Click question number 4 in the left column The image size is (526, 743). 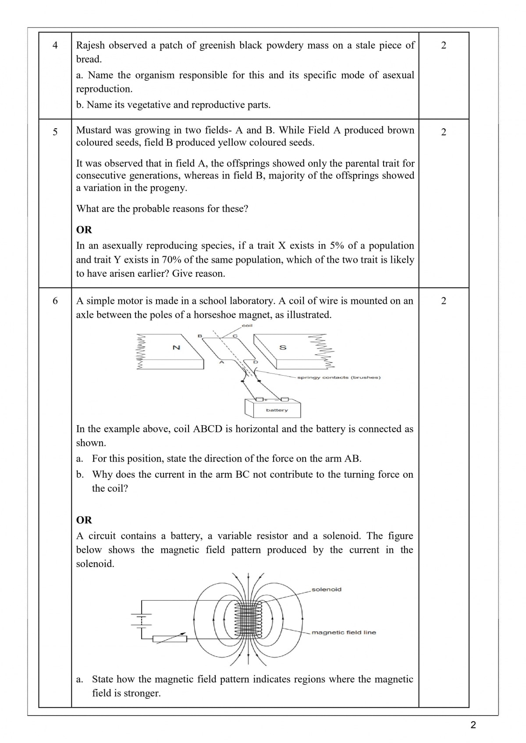(x=55, y=45)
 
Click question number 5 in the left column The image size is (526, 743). (x=55, y=132)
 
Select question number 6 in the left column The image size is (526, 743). (x=55, y=301)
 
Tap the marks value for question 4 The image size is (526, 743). (x=444, y=45)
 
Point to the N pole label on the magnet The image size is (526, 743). (x=176, y=348)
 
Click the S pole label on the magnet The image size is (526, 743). (x=283, y=348)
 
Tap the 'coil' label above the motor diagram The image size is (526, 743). (x=247, y=325)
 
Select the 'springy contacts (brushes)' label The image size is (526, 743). (x=339, y=377)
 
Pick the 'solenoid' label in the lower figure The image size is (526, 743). (x=327, y=589)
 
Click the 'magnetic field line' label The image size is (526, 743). (x=344, y=632)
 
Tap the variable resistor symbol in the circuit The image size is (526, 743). (x=170, y=639)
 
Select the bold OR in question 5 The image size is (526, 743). (x=84, y=230)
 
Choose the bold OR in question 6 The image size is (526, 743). (x=84, y=520)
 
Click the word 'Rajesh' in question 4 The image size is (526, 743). (x=90, y=45)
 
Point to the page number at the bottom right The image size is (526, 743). (x=473, y=725)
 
